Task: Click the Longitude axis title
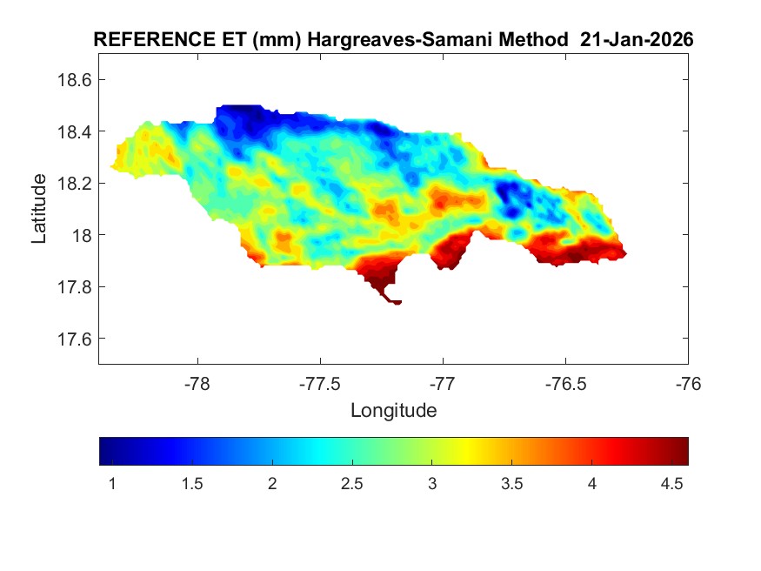[x=393, y=410]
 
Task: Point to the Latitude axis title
[x=39, y=209]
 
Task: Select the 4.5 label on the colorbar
[x=672, y=483]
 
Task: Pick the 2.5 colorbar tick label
[x=352, y=483]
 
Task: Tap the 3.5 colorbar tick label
[x=512, y=483]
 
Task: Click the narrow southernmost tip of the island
[x=397, y=302]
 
